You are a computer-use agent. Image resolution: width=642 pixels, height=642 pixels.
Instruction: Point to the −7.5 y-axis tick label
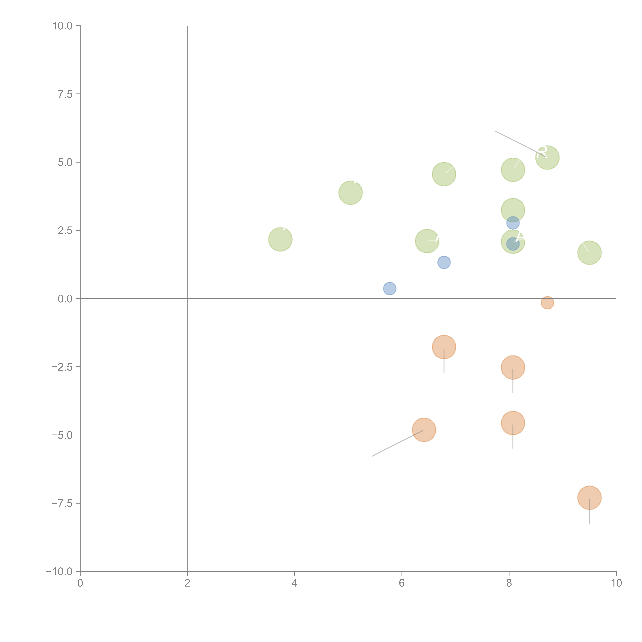coord(62,503)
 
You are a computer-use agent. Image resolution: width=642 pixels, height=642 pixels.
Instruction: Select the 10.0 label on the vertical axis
coord(63,26)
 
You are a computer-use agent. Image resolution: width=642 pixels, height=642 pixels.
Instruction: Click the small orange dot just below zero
coord(547,302)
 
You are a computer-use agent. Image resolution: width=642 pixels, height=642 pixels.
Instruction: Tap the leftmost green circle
coord(280,239)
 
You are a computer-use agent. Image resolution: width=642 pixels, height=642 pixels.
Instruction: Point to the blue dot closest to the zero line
coord(389,288)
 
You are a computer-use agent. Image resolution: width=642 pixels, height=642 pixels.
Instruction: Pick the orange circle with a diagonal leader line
coord(424,430)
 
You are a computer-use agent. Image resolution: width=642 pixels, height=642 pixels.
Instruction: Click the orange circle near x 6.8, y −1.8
coord(444,347)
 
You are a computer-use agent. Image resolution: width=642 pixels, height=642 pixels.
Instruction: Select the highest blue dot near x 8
coord(513,223)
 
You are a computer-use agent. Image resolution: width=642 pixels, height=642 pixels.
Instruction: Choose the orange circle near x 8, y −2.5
coord(513,367)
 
